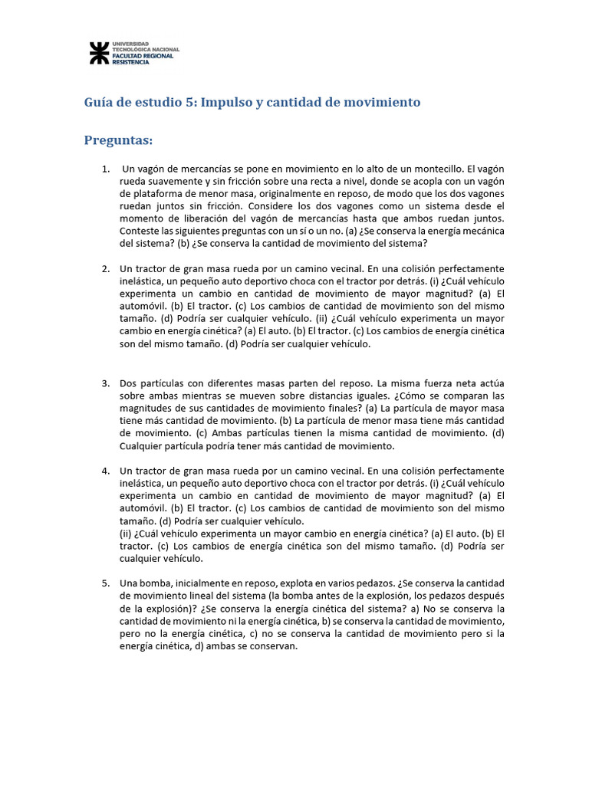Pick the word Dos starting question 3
pyautogui.click(x=128, y=383)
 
